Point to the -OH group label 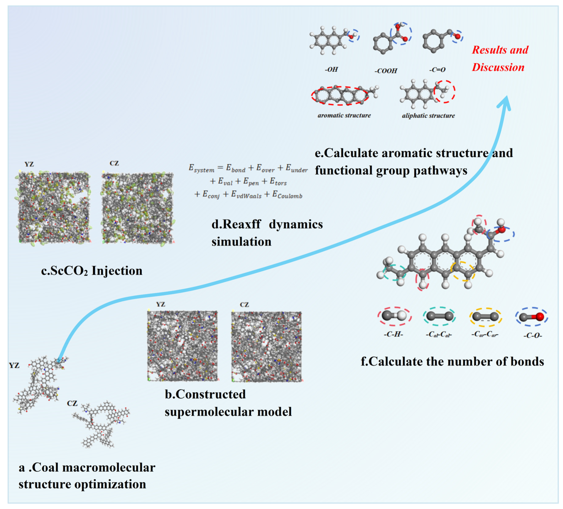coord(331,69)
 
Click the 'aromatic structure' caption coord(344,115)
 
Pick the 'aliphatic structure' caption coord(428,115)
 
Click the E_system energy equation coord(248,181)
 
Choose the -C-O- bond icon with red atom coord(531,317)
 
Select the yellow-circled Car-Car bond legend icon coord(485,317)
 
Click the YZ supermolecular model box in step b coord(182,346)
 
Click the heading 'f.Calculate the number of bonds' coord(452,362)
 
